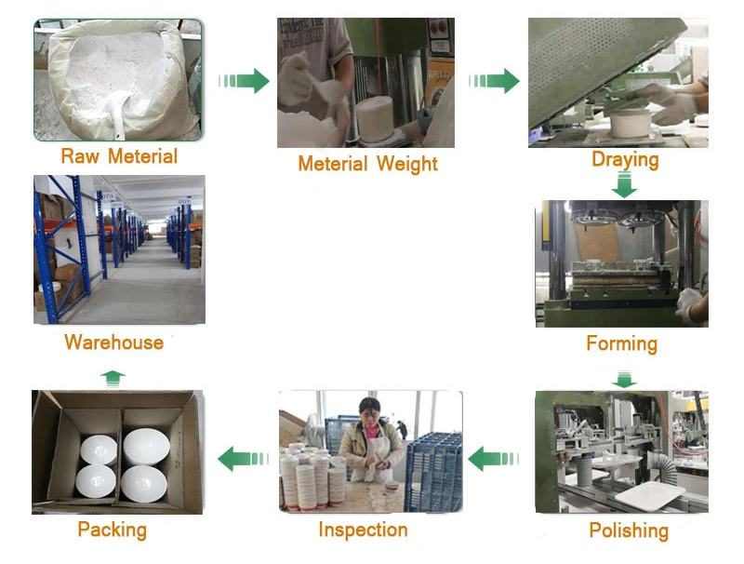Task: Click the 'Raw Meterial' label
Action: pyautogui.click(x=119, y=155)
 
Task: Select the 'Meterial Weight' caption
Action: pyautogui.click(x=367, y=164)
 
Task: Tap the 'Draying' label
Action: pyautogui.click(x=625, y=159)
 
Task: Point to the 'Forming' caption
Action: pyautogui.click(x=621, y=343)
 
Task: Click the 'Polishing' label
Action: pyautogui.click(x=629, y=530)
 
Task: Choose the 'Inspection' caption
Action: pyautogui.click(x=363, y=530)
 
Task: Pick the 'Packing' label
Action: pyautogui.click(x=112, y=530)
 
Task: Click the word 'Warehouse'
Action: pyautogui.click(x=113, y=342)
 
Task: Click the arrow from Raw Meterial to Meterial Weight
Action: pyautogui.click(x=244, y=81)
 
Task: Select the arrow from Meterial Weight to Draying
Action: pyautogui.click(x=494, y=81)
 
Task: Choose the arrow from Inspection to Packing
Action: pyautogui.click(x=244, y=458)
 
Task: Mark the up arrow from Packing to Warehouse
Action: pyautogui.click(x=113, y=377)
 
